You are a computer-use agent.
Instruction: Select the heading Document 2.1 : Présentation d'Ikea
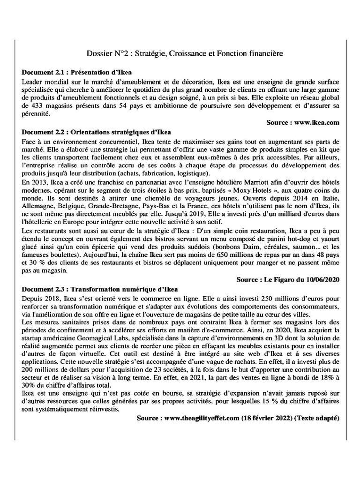[x=77, y=73]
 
